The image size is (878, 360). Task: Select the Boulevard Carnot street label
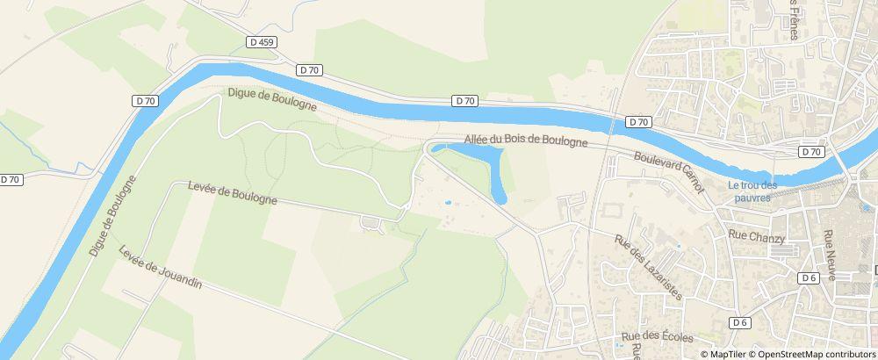pos(669,172)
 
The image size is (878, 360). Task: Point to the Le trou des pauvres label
pos(753,191)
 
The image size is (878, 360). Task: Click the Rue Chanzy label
pos(756,234)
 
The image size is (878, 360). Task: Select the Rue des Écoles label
pos(657,337)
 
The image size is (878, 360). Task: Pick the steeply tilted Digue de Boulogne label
pos(113,216)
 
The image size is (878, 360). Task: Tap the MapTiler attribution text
pos(727,354)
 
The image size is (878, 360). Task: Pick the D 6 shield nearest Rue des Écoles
pos(740,322)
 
